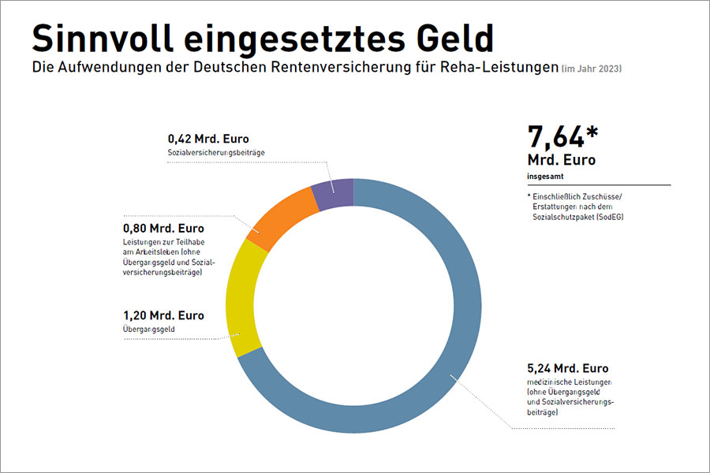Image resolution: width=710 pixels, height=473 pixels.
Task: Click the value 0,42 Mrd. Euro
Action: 208,140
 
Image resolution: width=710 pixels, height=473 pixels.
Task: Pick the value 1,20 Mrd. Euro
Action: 163,315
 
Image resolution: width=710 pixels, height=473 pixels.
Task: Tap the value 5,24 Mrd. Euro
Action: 567,368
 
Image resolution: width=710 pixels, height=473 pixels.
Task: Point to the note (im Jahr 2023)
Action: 592,69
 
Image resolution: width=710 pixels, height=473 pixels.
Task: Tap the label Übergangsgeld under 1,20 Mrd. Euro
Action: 149,329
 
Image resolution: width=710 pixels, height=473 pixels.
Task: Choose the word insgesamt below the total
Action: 546,176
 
